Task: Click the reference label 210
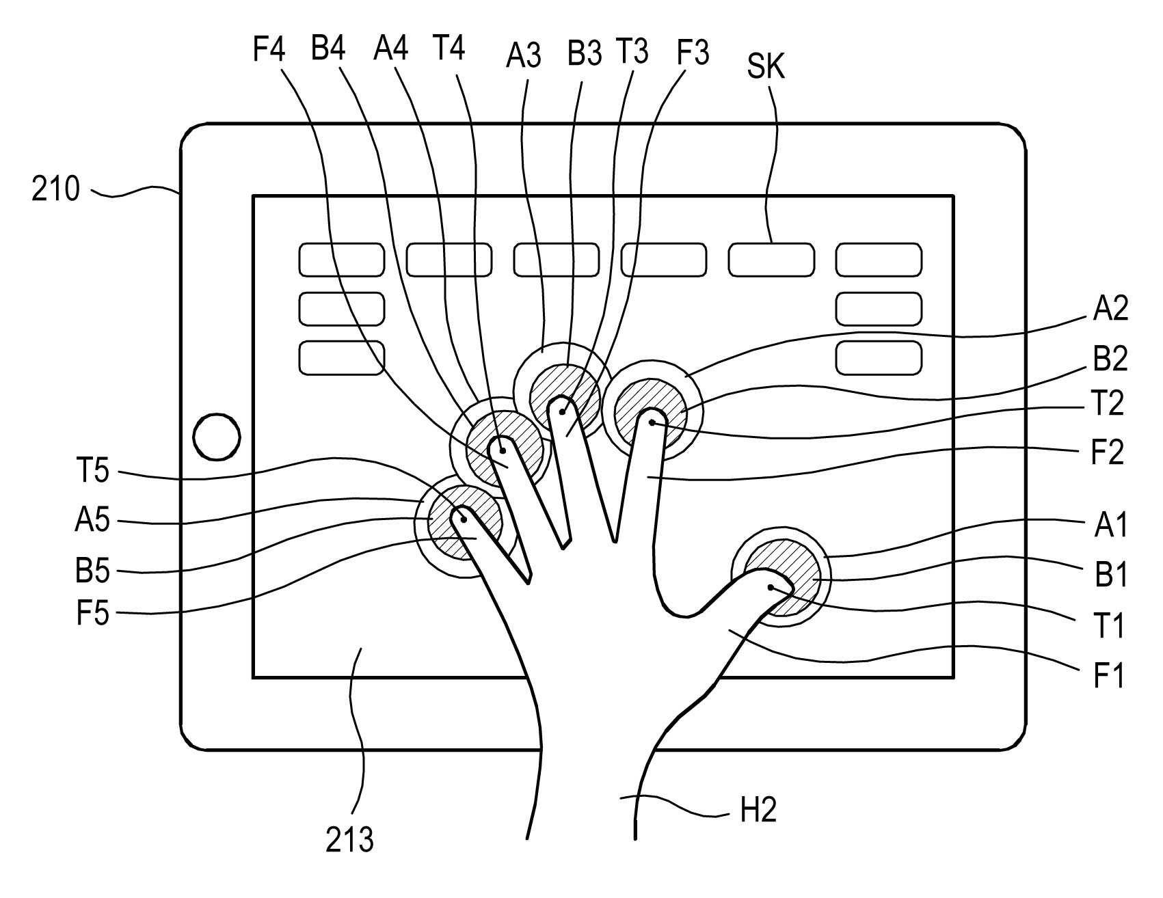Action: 55,189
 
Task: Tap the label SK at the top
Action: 766,67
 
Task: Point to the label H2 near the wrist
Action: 758,811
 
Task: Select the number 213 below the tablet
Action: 349,840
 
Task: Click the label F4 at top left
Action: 269,50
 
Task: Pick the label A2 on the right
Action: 1110,310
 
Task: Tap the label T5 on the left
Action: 92,472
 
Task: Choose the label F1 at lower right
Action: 1108,675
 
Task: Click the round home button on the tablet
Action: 217,436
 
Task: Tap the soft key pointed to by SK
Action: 771,260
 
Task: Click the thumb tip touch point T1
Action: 771,587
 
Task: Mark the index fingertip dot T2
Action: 653,423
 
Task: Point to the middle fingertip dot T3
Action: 562,411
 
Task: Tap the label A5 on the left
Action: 92,521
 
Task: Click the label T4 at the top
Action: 449,49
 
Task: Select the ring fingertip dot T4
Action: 503,450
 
